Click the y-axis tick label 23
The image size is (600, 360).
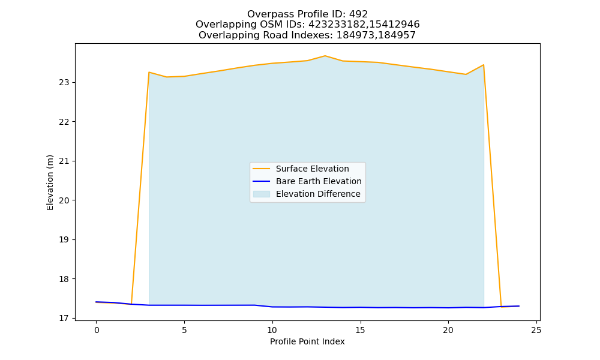(65, 83)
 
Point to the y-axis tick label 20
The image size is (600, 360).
(65, 200)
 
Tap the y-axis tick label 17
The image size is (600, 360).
(65, 318)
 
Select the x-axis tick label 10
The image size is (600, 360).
(272, 330)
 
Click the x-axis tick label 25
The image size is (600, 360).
(536, 330)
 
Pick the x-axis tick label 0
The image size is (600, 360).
(97, 330)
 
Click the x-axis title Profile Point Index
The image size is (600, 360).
(307, 341)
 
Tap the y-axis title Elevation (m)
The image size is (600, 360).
(50, 182)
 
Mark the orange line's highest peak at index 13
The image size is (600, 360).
(325, 56)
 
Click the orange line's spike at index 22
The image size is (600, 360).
(483, 65)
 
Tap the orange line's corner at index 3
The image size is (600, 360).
(149, 72)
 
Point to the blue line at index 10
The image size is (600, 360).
(272, 307)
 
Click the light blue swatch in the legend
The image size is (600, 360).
(262, 194)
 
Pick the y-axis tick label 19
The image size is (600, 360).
(65, 240)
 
